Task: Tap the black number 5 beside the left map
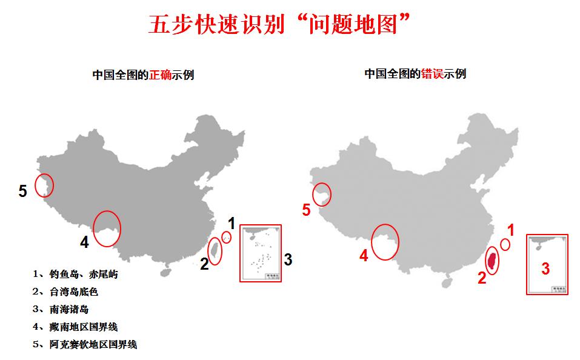(x=22, y=192)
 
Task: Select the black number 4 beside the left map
(x=84, y=242)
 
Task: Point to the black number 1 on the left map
(x=231, y=222)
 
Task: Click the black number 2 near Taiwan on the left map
(x=204, y=263)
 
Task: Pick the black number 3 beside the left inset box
(x=288, y=260)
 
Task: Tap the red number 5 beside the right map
(x=306, y=210)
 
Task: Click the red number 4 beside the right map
(x=364, y=256)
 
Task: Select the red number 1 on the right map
(x=510, y=230)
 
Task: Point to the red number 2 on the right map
(x=482, y=278)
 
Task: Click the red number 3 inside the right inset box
(x=545, y=268)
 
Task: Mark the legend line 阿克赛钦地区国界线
(x=86, y=344)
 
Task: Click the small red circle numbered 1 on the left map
(x=226, y=237)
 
